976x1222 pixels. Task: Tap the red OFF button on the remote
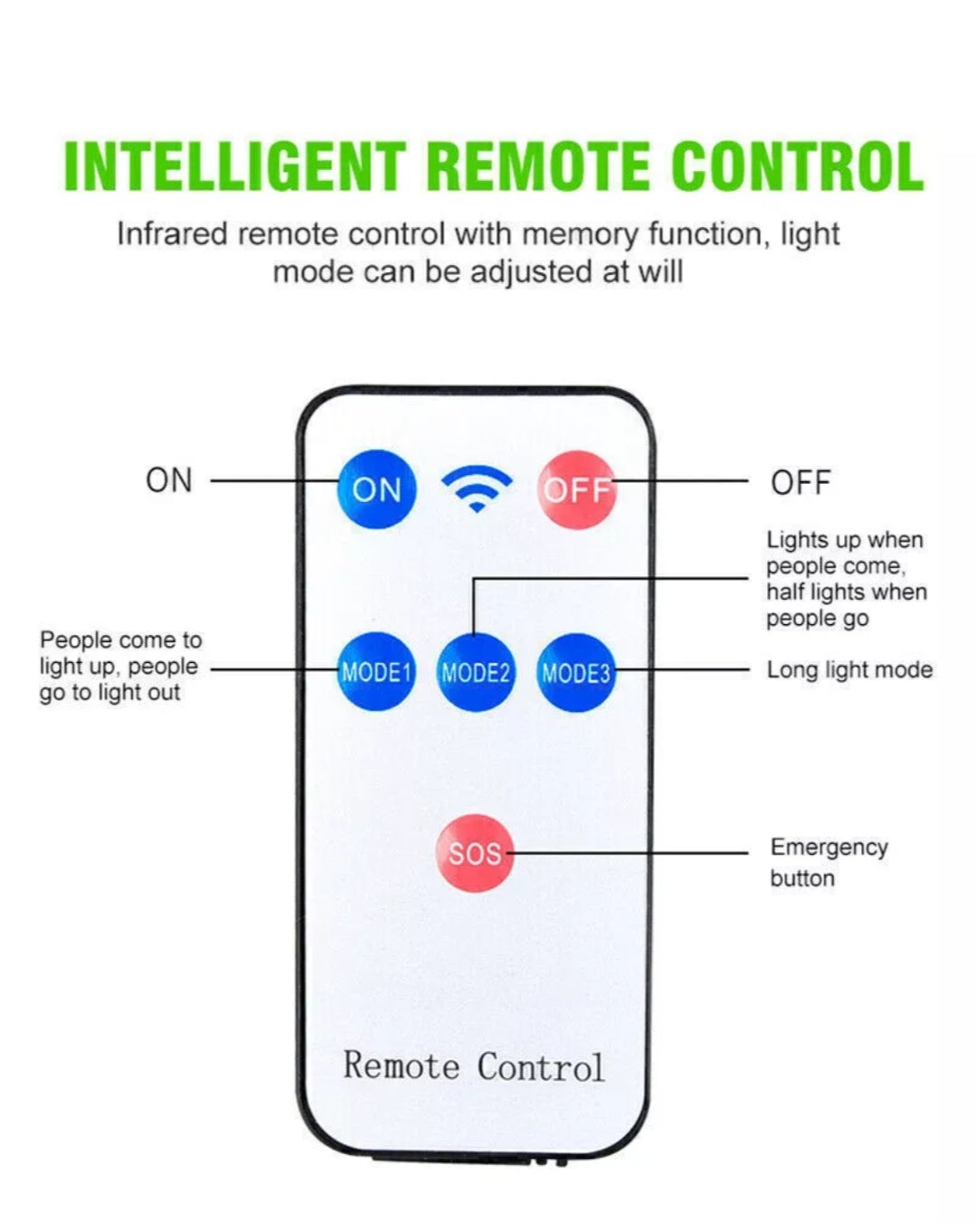coord(576,489)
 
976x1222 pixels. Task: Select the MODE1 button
coord(376,672)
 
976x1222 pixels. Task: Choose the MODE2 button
coord(476,672)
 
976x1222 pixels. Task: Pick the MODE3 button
coord(576,672)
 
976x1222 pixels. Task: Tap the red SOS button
coord(475,853)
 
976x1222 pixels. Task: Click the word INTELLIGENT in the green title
coord(234,166)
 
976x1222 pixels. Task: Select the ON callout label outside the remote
coord(169,480)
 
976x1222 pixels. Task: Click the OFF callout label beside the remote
coord(801,483)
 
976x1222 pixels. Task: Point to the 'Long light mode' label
coord(849,670)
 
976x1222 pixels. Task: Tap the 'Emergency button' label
coord(828,862)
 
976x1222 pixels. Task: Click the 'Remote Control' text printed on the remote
coord(473,1066)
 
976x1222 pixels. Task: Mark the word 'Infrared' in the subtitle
coord(172,234)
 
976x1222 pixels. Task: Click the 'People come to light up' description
coord(119,667)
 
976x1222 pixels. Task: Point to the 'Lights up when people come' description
coord(846,579)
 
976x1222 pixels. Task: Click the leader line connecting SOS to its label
coord(629,853)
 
